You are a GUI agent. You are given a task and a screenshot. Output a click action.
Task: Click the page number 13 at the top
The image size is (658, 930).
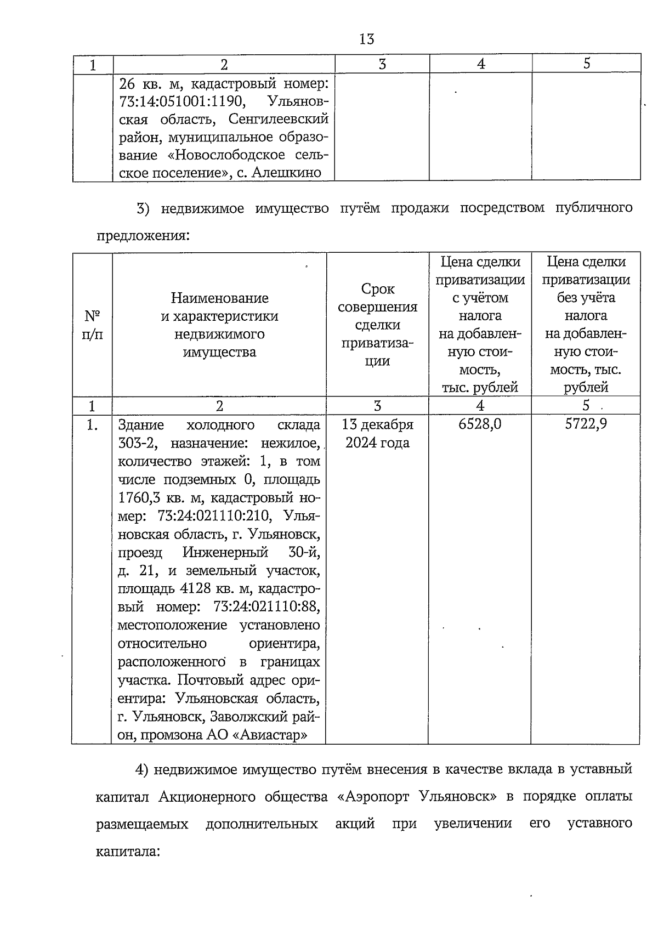pyautogui.click(x=366, y=39)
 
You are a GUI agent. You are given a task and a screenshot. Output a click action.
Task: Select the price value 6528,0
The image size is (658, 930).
pyautogui.click(x=480, y=424)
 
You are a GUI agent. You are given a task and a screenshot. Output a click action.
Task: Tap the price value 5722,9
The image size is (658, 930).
pyautogui.click(x=586, y=424)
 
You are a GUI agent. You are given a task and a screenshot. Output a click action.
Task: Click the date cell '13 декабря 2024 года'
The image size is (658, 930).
pyautogui.click(x=377, y=433)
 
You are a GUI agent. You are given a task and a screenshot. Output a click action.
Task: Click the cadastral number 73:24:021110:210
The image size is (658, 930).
pyautogui.click(x=214, y=516)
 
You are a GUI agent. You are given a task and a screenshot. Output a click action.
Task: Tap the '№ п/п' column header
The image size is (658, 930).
pyautogui.click(x=92, y=325)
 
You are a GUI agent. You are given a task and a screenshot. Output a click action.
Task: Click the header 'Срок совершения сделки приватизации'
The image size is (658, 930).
pyautogui.click(x=377, y=325)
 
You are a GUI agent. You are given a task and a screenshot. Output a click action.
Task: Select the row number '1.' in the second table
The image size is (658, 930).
pyautogui.click(x=92, y=425)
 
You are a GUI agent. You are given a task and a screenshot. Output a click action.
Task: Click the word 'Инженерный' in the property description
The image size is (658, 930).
pyautogui.click(x=225, y=552)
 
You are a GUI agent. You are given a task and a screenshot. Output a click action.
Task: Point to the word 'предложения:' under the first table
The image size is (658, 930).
pyautogui.click(x=143, y=237)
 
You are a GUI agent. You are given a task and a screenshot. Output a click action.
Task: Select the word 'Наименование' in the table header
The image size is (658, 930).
pyautogui.click(x=219, y=298)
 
